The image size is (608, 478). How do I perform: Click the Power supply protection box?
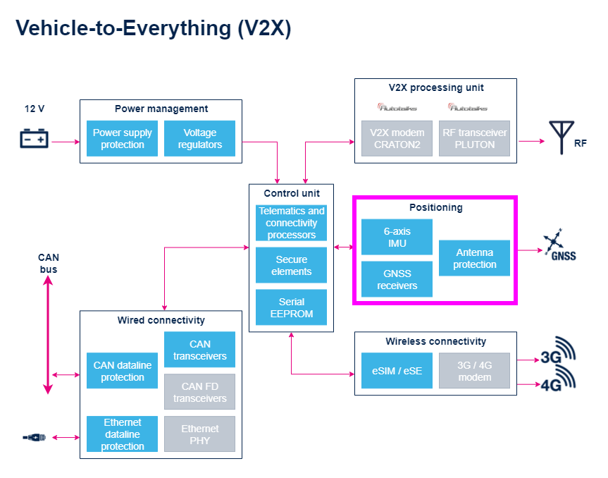pos(122,139)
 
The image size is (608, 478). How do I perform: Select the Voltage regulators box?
pos(199,139)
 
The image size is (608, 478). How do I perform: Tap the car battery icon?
pos(34,138)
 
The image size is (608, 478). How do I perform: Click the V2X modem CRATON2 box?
pos(397,139)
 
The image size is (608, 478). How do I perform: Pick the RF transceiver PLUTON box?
pos(474,139)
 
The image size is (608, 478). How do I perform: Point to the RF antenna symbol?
pos(562,137)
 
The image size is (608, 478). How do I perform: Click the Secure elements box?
pos(291,265)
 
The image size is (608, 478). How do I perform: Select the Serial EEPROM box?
pos(291,307)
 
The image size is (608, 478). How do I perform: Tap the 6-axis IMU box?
pos(397,237)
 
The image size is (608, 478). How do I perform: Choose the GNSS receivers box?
pos(397,279)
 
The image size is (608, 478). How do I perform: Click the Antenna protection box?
pos(474,258)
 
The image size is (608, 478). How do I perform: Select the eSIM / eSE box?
pos(397,371)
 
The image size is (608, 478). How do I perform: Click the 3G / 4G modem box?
pos(474,371)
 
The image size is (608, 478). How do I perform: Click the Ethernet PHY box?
pos(199,434)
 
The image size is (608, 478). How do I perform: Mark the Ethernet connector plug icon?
pos(34,438)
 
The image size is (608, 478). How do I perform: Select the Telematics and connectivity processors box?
pos(291,223)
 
